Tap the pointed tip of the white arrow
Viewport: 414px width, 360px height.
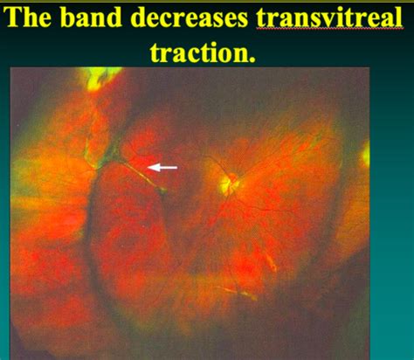tap(149, 165)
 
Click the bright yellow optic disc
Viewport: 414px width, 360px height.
tap(229, 183)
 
